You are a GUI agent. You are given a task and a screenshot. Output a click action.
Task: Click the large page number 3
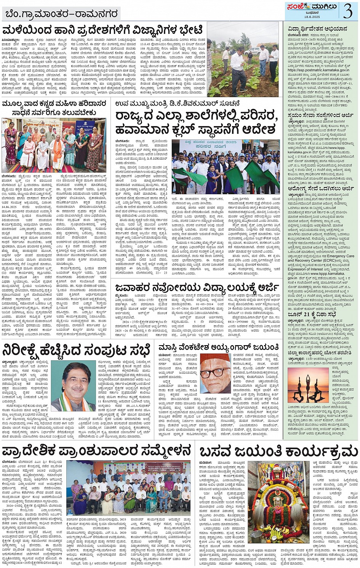[347, 10]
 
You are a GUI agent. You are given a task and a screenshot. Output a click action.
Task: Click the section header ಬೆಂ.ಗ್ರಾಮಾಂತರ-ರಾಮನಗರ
[61, 14]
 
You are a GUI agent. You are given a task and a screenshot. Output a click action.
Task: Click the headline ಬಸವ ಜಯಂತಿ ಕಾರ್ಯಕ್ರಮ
[278, 452]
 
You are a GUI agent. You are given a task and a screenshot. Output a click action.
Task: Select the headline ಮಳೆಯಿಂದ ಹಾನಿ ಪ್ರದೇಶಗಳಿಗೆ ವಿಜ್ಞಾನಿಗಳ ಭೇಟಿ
[103, 30]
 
